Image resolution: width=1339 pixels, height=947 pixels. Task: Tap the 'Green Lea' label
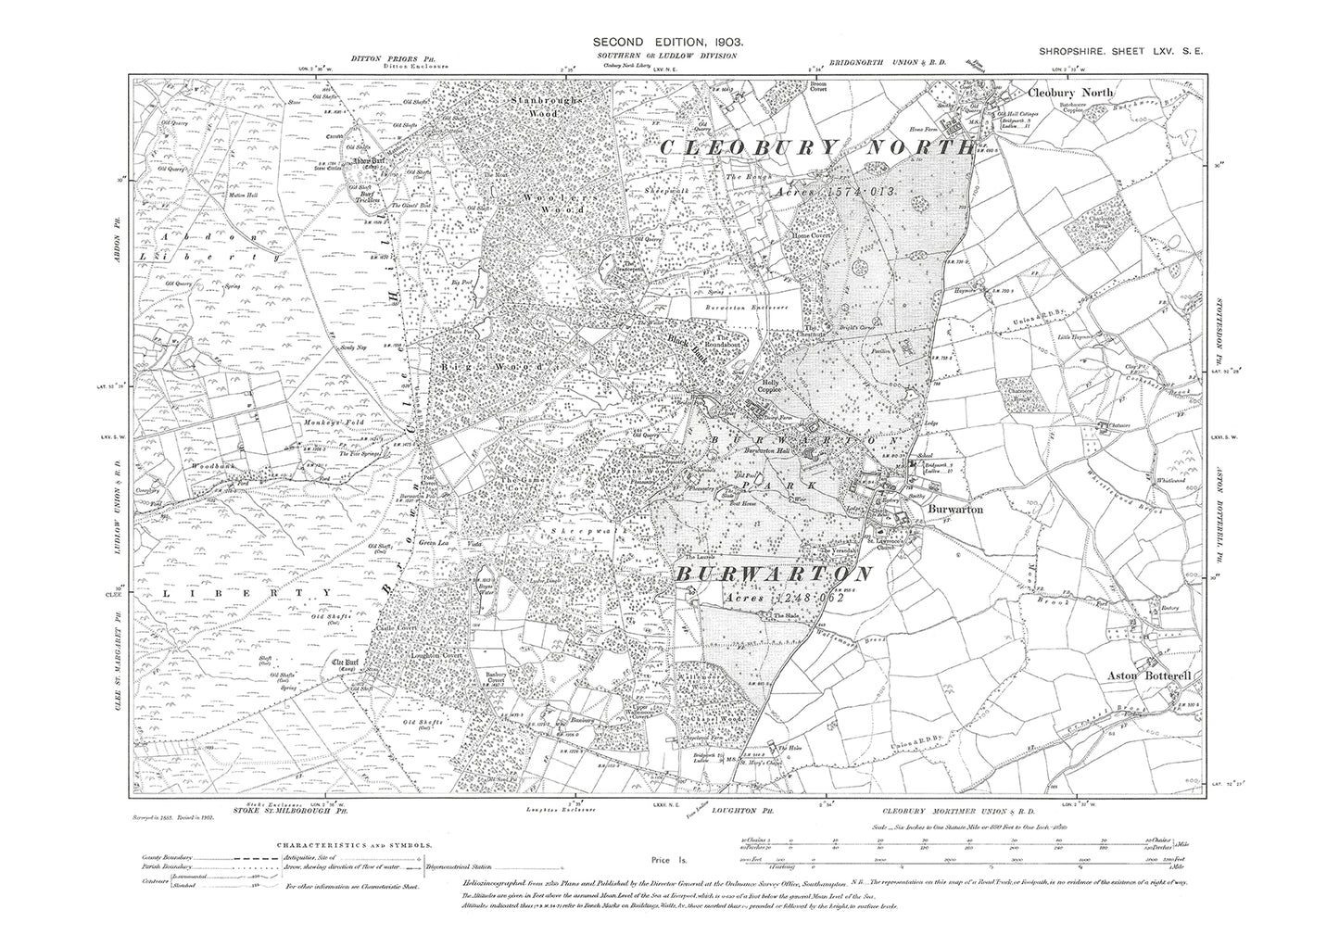point(435,542)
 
